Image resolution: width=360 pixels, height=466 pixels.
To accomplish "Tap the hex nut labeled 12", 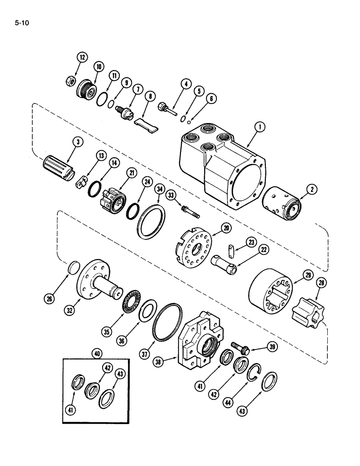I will [x=69, y=82].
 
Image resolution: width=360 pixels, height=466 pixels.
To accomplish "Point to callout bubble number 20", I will [x=226, y=229].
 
